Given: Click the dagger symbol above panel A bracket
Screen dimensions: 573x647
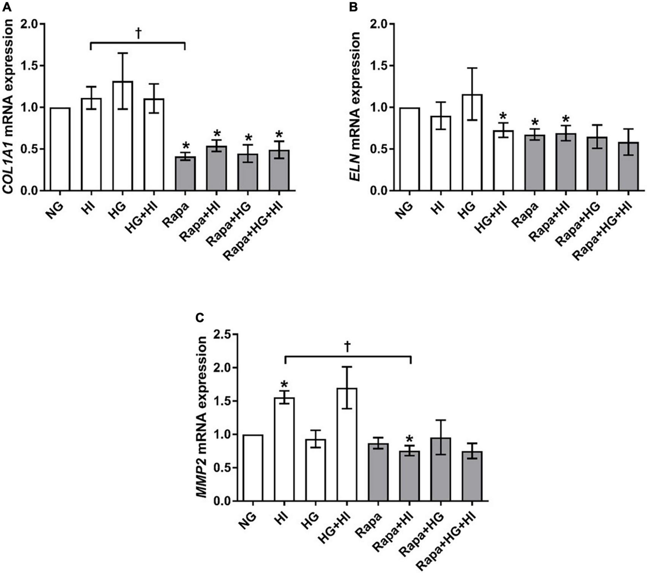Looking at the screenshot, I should pyautogui.click(x=138, y=33).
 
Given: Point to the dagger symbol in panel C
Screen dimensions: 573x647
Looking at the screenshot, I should pyautogui.click(x=347, y=346).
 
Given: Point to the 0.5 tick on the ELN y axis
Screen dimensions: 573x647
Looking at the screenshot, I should pyautogui.click(x=379, y=149).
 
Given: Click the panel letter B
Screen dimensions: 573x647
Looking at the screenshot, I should pyautogui.click(x=353, y=6).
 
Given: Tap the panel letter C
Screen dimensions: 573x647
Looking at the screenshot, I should pyautogui.click(x=199, y=318).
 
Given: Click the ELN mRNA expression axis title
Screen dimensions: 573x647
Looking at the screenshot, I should pyautogui.click(x=355, y=106).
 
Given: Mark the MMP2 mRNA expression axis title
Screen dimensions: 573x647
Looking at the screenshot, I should pyautogui.click(x=201, y=417).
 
